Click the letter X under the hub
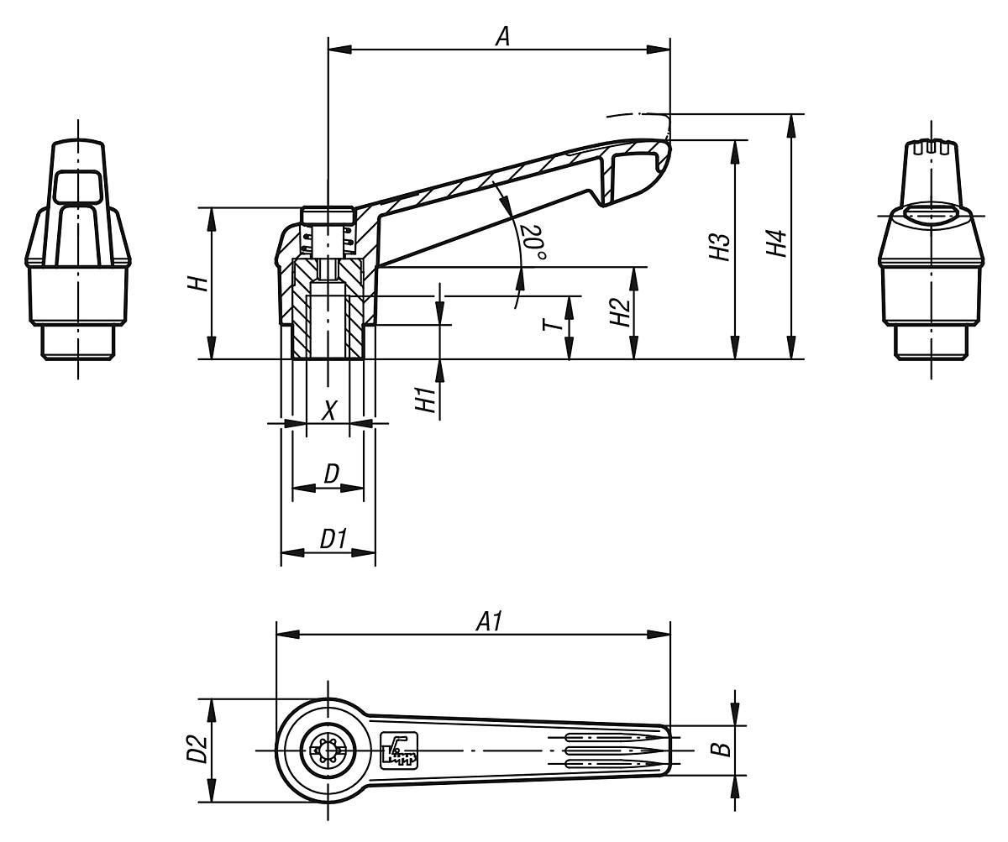330,411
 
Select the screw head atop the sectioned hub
327,216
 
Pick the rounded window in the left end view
77,186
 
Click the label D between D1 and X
331,474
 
